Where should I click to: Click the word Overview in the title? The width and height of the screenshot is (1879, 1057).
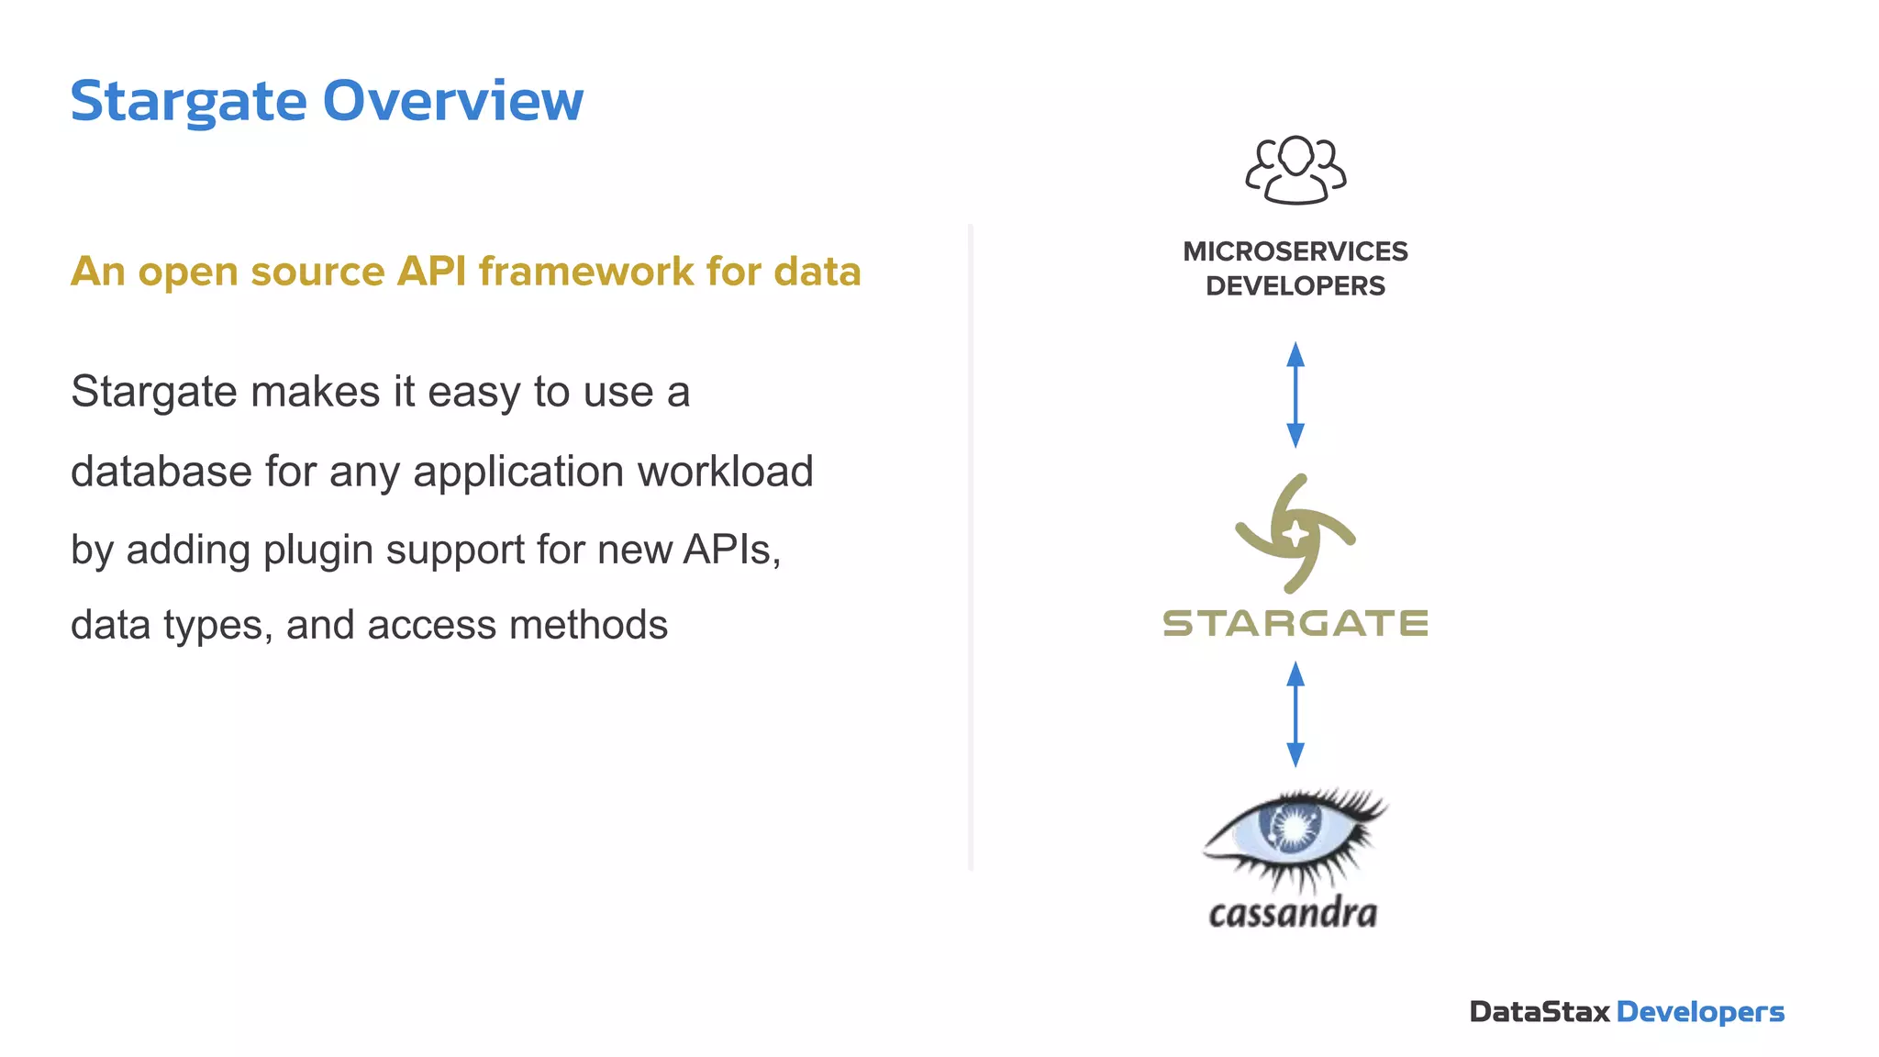point(452,101)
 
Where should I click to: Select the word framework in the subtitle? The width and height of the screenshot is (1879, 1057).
point(586,272)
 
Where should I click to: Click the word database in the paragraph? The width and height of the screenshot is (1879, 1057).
point(161,472)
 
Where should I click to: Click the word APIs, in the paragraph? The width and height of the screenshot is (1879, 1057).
point(731,549)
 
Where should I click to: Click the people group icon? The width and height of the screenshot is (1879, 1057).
point(1295,170)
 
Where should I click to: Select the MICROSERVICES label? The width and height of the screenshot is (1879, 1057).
point(1295,251)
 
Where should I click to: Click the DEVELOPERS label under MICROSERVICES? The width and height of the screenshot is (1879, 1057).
point(1295,286)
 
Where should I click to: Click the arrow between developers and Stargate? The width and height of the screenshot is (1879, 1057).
point(1295,395)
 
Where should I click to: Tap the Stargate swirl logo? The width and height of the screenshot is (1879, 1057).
point(1295,533)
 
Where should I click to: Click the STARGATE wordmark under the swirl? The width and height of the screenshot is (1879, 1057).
point(1295,624)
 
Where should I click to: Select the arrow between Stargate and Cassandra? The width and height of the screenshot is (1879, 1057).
point(1295,714)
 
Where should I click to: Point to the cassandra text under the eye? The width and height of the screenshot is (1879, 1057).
point(1293,913)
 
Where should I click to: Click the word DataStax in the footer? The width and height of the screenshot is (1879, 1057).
point(1539,1012)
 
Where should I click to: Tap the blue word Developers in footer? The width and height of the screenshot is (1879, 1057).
point(1700,1012)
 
